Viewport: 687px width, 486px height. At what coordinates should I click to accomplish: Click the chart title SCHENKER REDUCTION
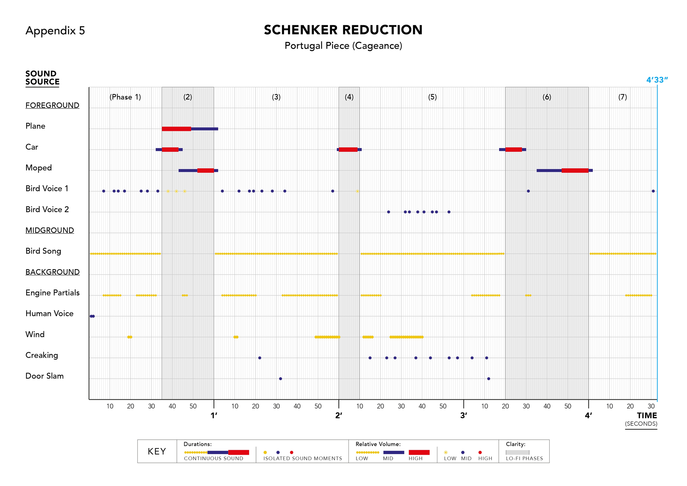pyautogui.click(x=343, y=30)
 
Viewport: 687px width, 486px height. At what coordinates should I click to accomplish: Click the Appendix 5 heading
pyautogui.click(x=55, y=31)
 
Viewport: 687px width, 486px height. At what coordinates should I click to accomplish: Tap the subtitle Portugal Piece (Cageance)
pyautogui.click(x=343, y=46)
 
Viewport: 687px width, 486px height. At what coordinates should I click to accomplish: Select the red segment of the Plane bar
pyautogui.click(x=176, y=129)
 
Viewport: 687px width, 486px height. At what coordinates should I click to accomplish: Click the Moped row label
pyautogui.click(x=39, y=168)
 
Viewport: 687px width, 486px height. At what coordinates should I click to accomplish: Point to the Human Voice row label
pyautogui.click(x=49, y=313)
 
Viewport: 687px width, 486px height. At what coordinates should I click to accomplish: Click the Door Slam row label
pyautogui.click(x=45, y=376)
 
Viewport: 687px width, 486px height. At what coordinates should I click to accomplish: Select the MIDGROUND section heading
pyautogui.click(x=50, y=230)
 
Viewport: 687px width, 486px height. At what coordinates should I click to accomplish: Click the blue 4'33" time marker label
pyautogui.click(x=657, y=80)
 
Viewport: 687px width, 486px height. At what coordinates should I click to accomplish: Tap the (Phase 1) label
pyautogui.click(x=125, y=97)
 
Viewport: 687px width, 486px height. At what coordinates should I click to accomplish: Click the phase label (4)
pyautogui.click(x=349, y=97)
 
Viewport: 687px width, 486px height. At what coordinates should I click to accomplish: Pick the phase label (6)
pyautogui.click(x=547, y=97)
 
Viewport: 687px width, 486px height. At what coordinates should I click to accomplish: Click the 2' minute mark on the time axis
pyautogui.click(x=339, y=416)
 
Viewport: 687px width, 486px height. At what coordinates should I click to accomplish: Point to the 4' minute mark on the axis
pyautogui.click(x=588, y=416)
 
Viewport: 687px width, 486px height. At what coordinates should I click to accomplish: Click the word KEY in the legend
pyautogui.click(x=157, y=451)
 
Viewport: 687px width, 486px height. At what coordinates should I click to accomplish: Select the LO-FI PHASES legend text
pyautogui.click(x=524, y=458)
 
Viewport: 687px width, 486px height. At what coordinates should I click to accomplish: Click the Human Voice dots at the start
pyautogui.click(x=92, y=316)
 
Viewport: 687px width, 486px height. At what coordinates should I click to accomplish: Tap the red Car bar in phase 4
pyautogui.click(x=348, y=150)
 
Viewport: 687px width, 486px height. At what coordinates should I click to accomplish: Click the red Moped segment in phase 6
pyautogui.click(x=575, y=171)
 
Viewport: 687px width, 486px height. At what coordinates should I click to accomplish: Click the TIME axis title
pyautogui.click(x=647, y=416)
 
